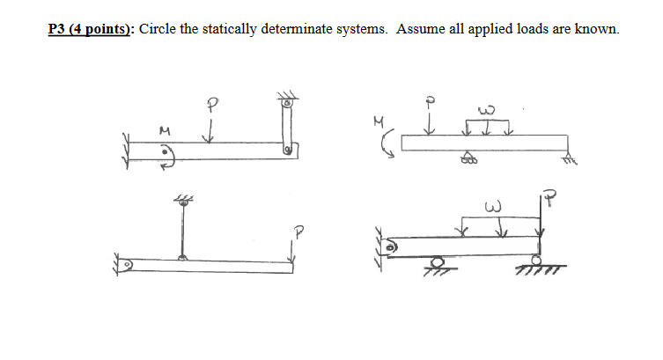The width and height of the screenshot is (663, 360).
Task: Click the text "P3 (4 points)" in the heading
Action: coord(86,29)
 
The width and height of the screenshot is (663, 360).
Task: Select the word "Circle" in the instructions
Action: coord(159,29)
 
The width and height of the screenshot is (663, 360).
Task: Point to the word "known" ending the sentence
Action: coord(598,29)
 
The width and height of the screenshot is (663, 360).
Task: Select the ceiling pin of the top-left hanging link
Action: coord(286,103)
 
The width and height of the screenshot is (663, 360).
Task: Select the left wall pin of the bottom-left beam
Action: coord(129,263)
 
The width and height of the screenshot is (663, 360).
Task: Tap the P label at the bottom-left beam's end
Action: coord(298,234)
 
